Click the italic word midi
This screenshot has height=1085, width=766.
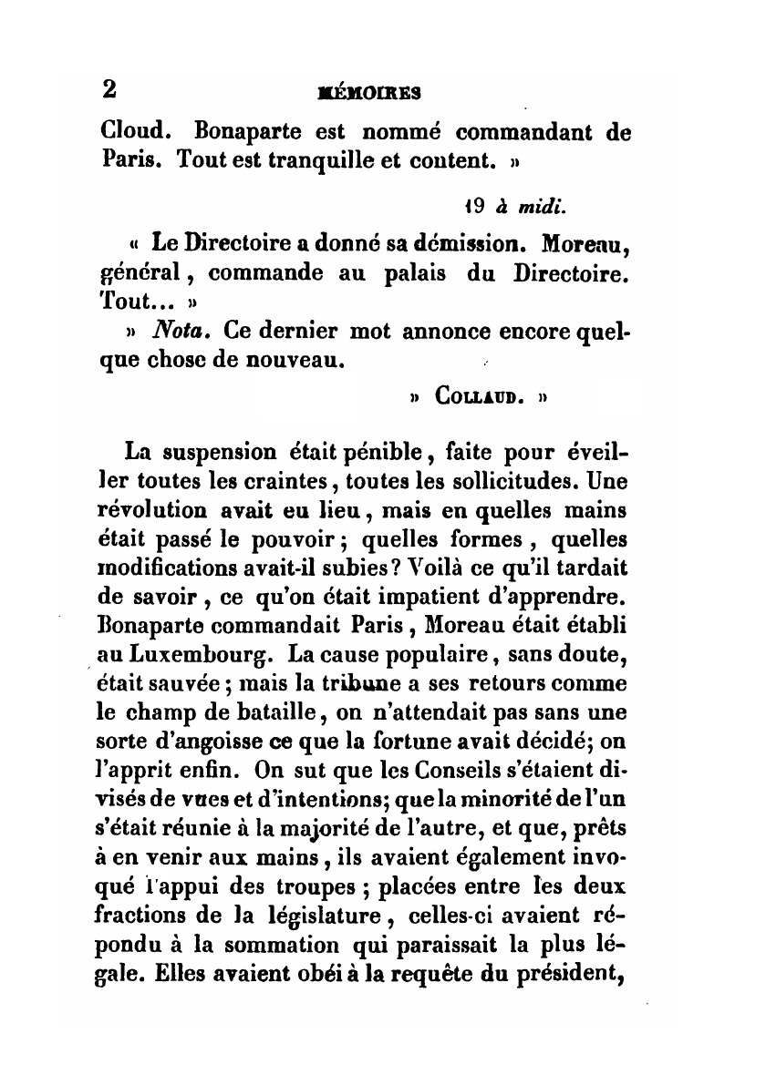point(544,207)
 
